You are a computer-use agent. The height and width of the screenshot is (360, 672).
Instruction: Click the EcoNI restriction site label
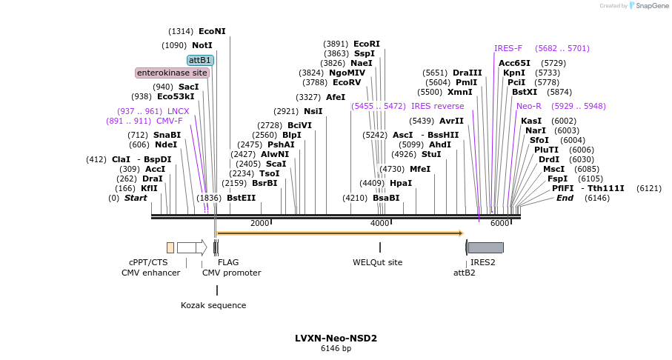pyautogui.click(x=212, y=31)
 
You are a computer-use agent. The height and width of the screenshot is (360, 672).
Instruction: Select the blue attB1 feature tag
pyautogui.click(x=200, y=60)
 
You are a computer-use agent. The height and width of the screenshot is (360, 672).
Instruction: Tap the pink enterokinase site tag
pyautogui.click(x=172, y=73)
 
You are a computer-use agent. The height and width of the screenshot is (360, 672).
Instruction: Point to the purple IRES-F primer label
pyautogui.click(x=508, y=49)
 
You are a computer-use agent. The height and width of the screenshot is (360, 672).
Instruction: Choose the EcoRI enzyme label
pyautogui.click(x=366, y=44)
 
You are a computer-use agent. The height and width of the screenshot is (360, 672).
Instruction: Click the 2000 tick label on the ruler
pyautogui.click(x=259, y=224)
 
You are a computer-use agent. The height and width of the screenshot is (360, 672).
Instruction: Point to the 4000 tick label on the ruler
pyautogui.click(x=379, y=224)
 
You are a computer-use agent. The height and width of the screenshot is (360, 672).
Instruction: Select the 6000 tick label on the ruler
pyautogui.click(x=499, y=224)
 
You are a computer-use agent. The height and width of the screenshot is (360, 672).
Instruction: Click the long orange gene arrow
pyautogui.click(x=339, y=233)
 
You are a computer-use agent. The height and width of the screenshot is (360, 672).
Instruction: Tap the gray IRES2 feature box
pyautogui.click(x=485, y=247)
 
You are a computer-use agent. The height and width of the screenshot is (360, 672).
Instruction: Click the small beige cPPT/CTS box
pyautogui.click(x=170, y=247)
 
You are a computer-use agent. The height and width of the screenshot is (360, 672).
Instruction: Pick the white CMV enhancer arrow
pyautogui.click(x=191, y=247)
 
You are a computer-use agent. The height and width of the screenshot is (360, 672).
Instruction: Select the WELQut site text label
pyautogui.click(x=377, y=262)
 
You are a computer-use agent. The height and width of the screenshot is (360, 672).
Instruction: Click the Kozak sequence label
pyautogui.click(x=213, y=305)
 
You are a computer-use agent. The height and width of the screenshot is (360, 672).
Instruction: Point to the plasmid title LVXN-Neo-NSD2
pyautogui.click(x=336, y=339)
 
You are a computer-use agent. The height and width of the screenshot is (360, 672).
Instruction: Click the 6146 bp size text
pyautogui.click(x=336, y=349)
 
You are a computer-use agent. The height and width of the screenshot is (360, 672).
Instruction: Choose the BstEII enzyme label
pyautogui.click(x=241, y=198)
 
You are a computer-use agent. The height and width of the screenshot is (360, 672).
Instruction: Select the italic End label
pyautogui.click(x=565, y=198)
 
